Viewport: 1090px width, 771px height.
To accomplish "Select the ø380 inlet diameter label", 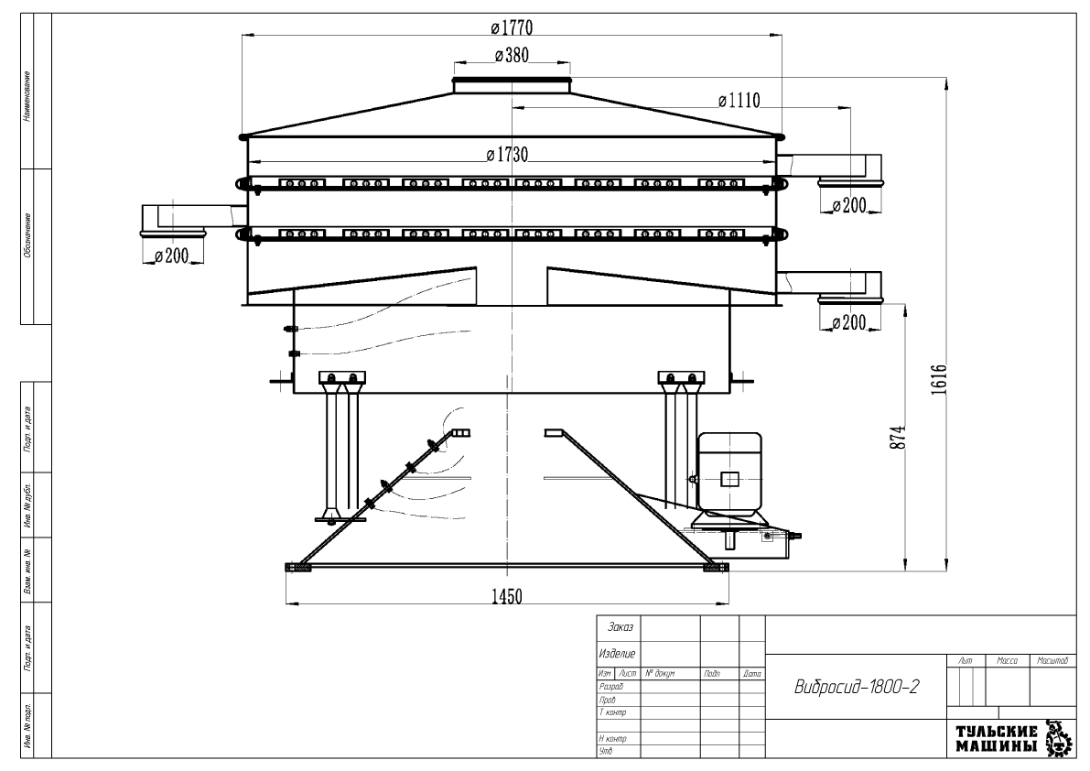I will tap(512, 56).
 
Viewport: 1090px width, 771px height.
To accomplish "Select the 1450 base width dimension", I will tap(507, 597).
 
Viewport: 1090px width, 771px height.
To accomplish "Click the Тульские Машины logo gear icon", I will tap(1059, 738).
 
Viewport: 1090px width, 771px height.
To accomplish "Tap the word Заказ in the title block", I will tap(617, 628).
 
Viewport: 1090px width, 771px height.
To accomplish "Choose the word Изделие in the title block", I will tap(617, 654).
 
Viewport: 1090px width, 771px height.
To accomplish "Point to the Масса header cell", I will tap(1007, 659).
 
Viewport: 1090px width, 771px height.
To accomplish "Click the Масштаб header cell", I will tap(1053, 659).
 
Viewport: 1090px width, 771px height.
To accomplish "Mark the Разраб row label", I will tap(610, 685).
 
